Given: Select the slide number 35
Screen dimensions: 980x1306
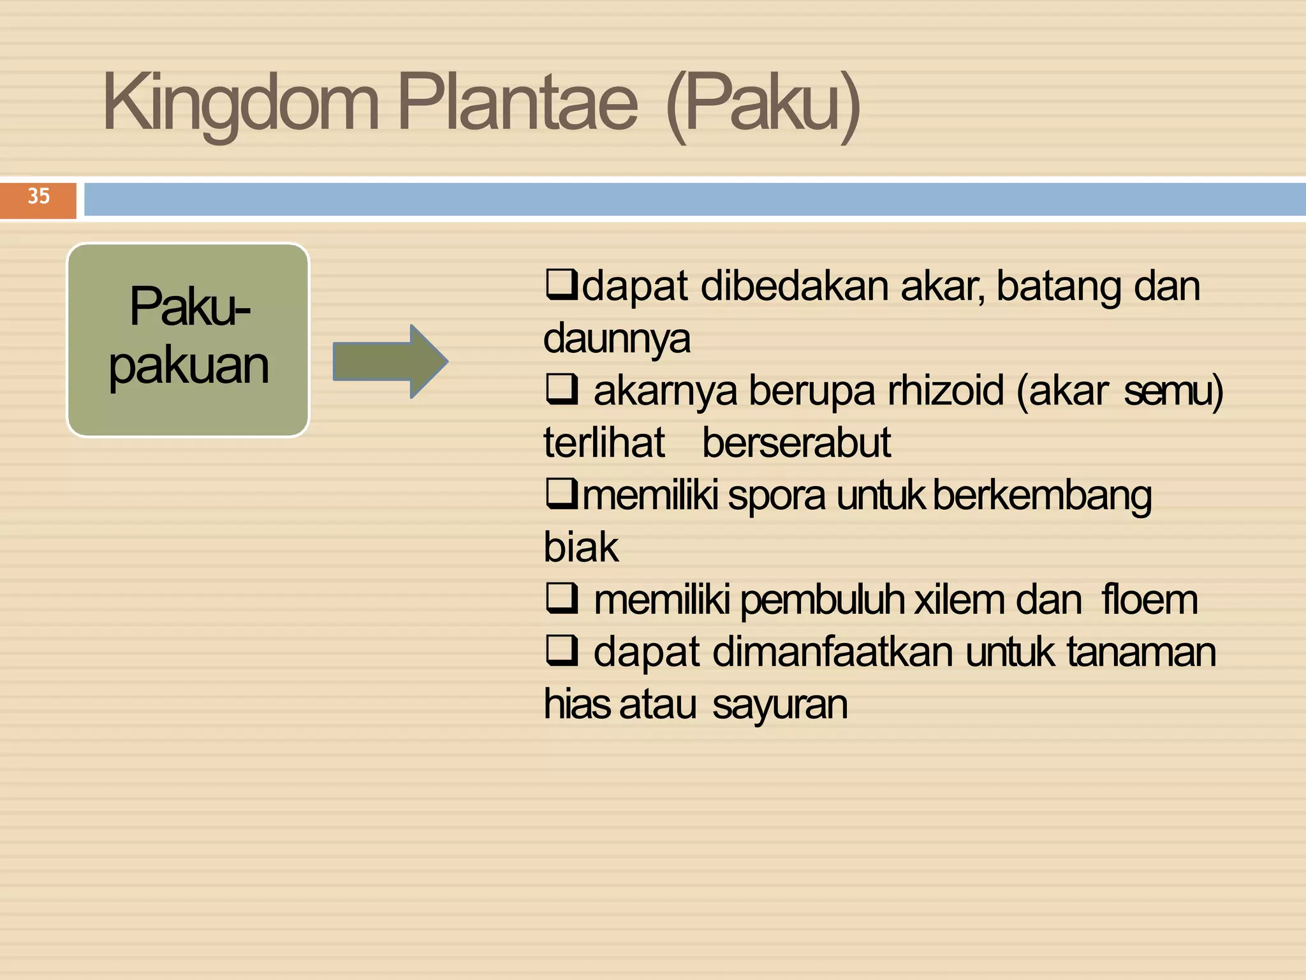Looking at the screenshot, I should pos(38,197).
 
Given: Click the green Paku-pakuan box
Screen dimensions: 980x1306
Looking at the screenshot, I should pos(188,339).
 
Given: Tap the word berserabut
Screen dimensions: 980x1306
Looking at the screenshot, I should pos(796,443).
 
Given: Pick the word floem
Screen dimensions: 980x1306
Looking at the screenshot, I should pos(1149,600).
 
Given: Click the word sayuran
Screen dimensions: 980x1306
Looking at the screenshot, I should pos(779,704).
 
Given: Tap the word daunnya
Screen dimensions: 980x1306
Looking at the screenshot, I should pos(617,338).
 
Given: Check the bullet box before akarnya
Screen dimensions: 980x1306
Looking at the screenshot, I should pos(562,390).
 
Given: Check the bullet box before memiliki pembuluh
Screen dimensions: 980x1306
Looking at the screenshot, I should pos(562,600).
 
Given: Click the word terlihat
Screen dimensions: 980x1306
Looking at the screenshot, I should pos(603,443).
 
